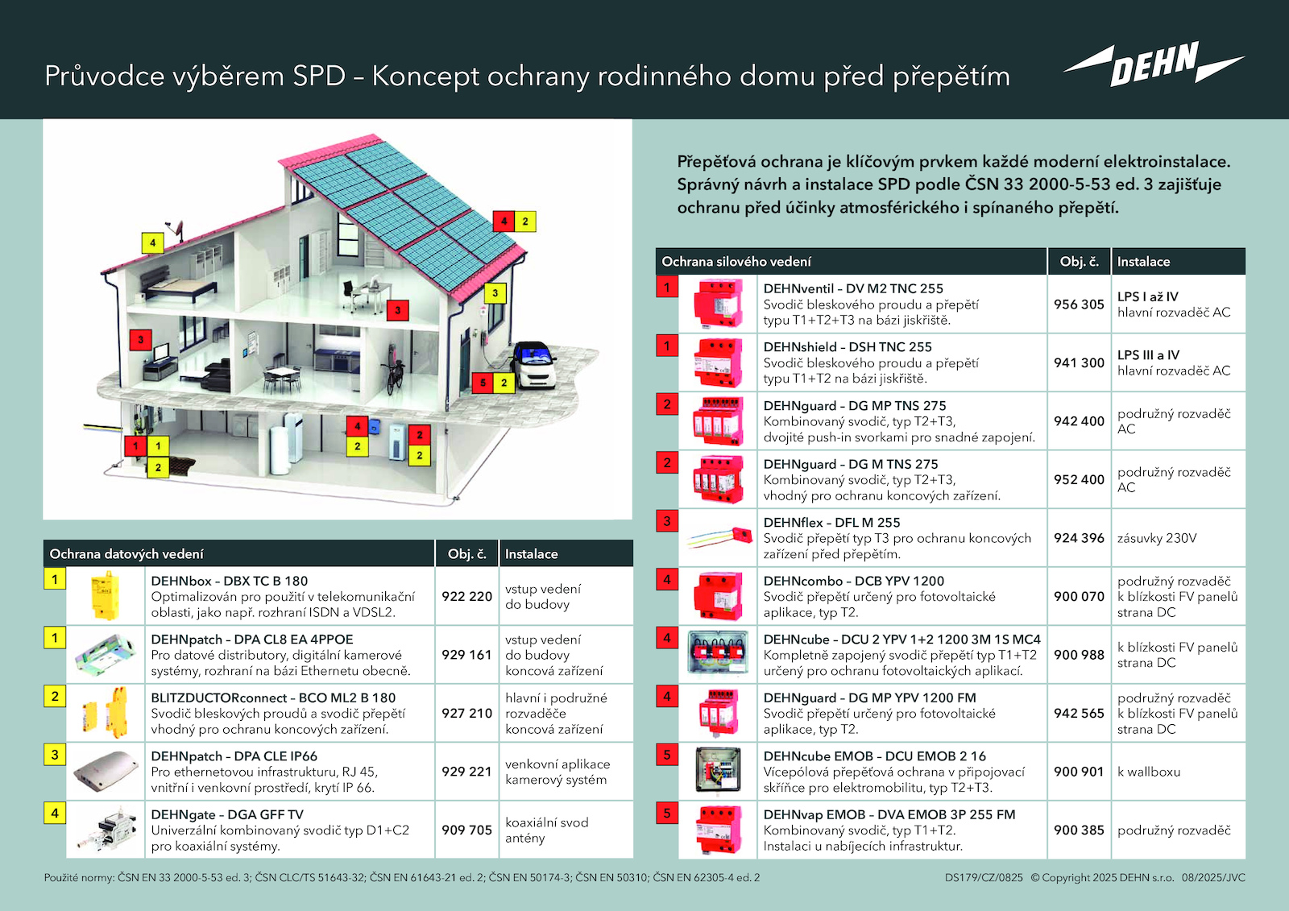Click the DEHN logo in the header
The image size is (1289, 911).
(x=1154, y=64)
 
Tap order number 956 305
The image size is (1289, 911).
(x=1079, y=304)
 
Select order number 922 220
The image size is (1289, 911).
(x=466, y=596)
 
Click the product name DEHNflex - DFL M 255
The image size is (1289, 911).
(x=831, y=523)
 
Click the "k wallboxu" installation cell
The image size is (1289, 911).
(x=1149, y=772)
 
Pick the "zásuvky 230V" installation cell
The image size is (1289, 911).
(x=1157, y=538)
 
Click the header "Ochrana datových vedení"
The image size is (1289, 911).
(x=126, y=554)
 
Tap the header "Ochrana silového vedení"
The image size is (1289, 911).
(x=736, y=262)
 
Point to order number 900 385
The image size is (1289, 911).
(x=1079, y=830)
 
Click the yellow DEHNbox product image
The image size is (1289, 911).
(x=106, y=596)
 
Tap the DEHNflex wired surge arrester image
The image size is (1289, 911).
(x=718, y=537)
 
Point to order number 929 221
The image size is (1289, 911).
(x=466, y=772)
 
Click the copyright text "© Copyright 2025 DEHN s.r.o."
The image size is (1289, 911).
(x=1102, y=878)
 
